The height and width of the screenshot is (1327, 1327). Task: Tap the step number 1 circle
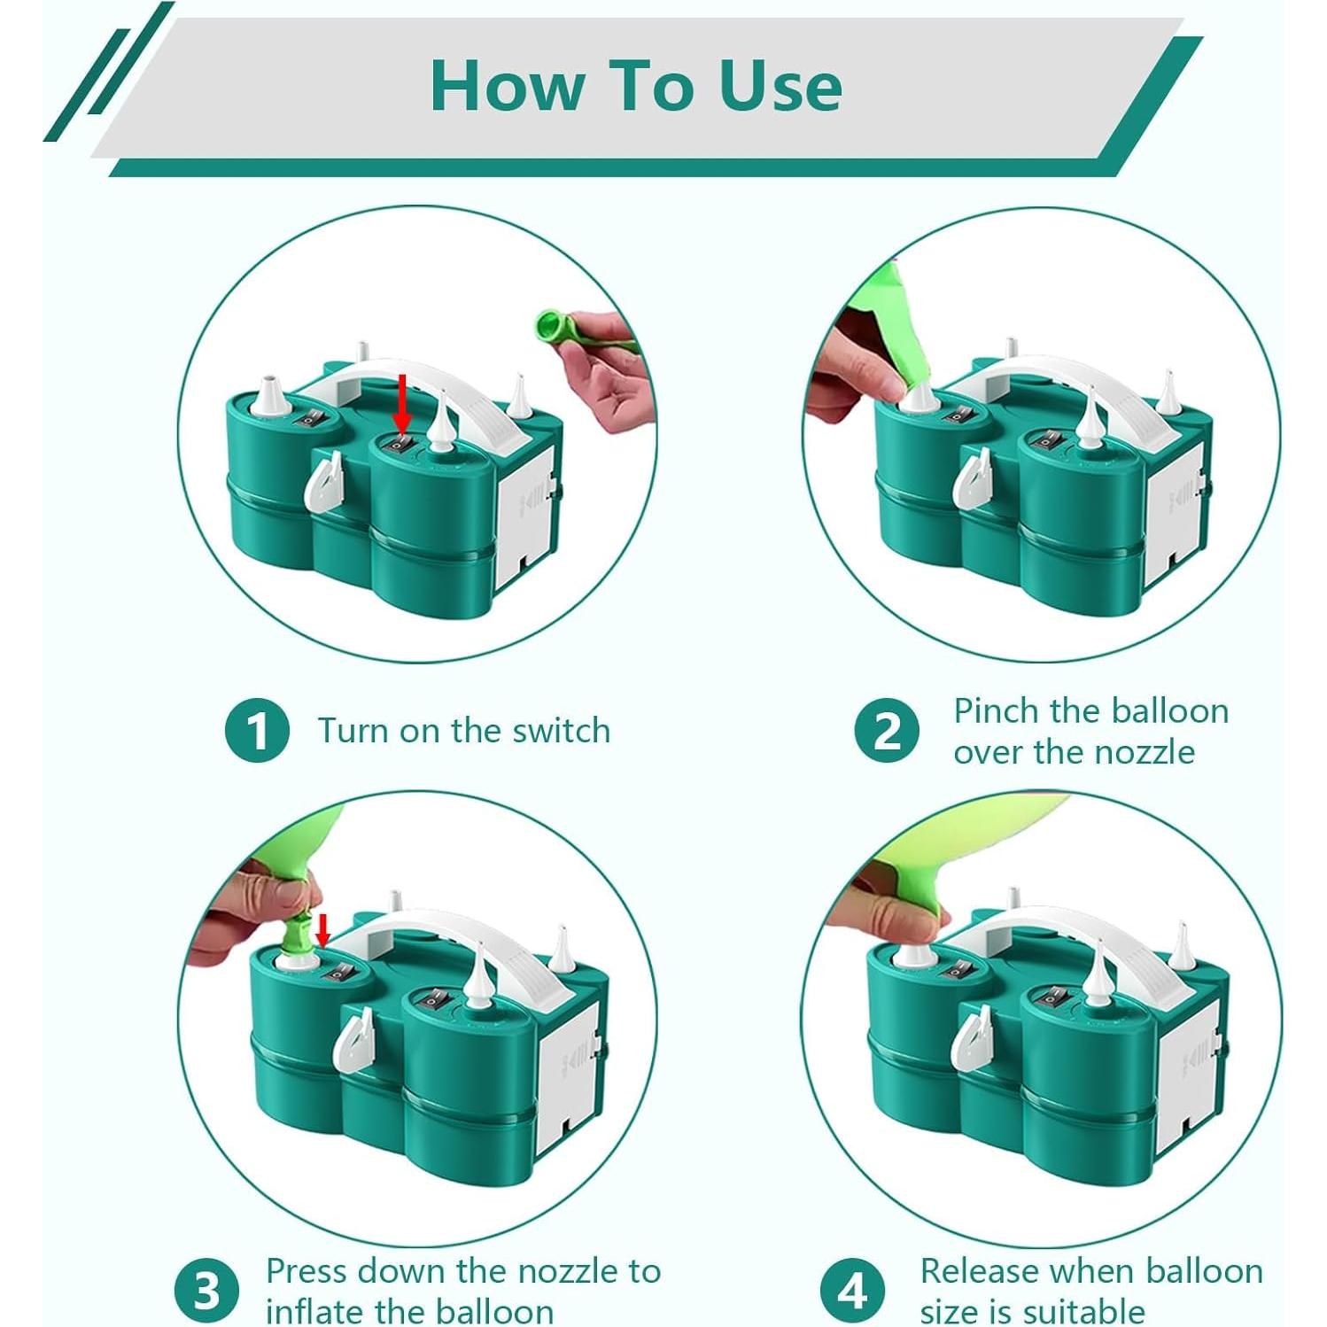[257, 731]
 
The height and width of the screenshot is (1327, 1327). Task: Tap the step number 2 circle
[887, 731]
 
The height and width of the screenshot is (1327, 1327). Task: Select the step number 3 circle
[206, 1291]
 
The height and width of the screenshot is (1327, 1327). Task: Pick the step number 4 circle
[852, 1291]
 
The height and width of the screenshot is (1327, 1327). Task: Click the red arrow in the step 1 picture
[403, 403]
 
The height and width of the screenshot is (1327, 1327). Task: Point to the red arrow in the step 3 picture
[323, 931]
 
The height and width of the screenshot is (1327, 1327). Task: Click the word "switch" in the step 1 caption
[561, 731]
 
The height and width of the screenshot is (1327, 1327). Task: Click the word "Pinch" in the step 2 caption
[997, 710]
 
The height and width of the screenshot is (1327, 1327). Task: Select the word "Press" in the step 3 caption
[307, 1271]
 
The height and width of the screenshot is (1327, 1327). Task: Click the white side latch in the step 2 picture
[972, 479]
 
